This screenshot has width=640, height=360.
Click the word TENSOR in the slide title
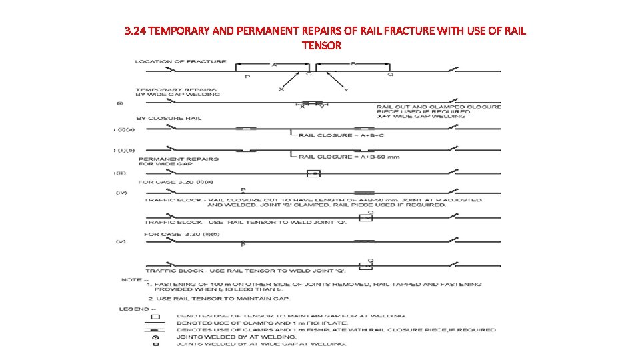[x=321, y=45]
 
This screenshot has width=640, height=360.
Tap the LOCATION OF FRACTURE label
[x=180, y=62]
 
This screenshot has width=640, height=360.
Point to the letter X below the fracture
[x=281, y=89]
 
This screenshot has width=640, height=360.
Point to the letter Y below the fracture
[x=346, y=89]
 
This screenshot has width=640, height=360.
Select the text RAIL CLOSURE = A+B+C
[x=341, y=135]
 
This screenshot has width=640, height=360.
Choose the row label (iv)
[x=121, y=193]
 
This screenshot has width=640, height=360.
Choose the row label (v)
[x=121, y=242]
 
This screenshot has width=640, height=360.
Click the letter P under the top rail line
[x=247, y=77]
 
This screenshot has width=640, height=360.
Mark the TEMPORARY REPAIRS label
[x=169, y=89]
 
